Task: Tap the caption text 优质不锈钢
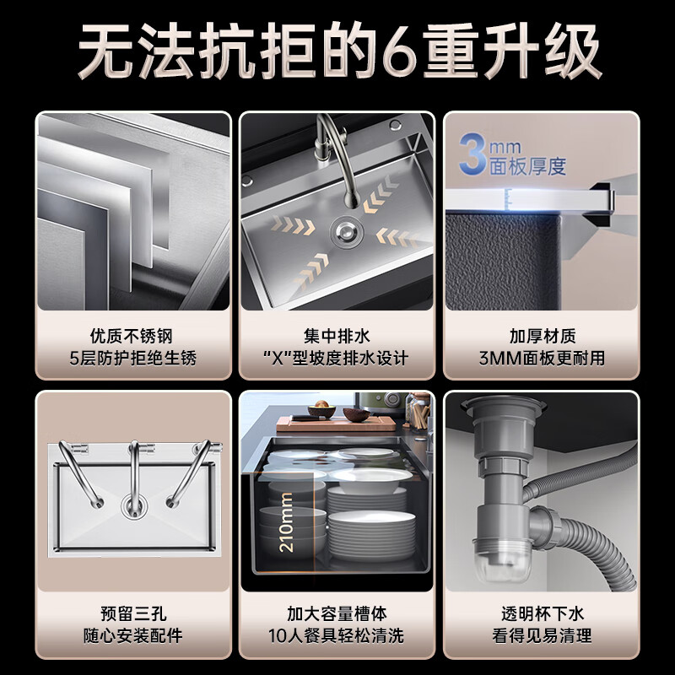click(x=133, y=336)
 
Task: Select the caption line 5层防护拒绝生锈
click(x=133, y=358)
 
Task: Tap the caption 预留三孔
click(x=133, y=613)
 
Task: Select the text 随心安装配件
click(x=133, y=635)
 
